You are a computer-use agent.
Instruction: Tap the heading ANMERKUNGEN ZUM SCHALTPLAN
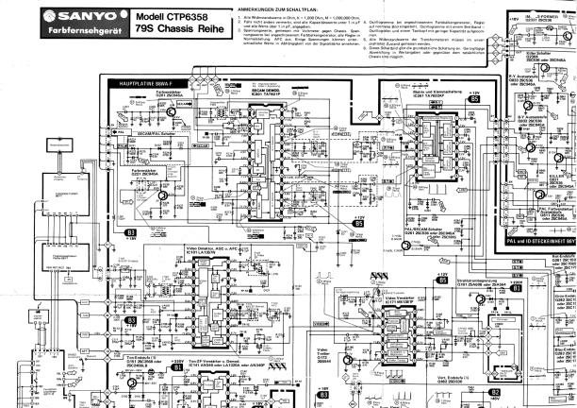[x=275, y=8]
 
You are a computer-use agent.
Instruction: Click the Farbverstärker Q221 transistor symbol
[x=162, y=194]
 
